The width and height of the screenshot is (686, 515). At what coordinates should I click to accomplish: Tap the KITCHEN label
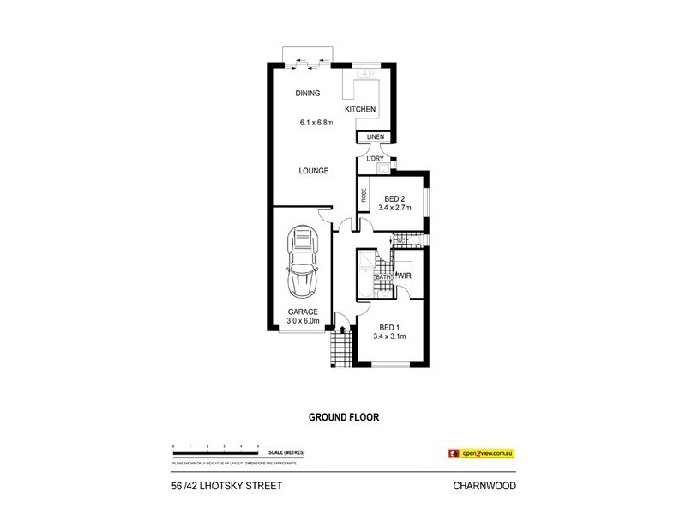360,110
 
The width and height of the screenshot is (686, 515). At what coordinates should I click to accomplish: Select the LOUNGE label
314,171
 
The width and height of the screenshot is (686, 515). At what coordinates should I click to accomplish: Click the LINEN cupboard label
376,137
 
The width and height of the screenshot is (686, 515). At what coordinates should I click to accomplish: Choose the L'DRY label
375,159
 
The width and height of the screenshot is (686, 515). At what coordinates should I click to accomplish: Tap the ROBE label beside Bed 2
364,196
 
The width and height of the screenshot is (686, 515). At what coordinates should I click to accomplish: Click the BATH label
382,277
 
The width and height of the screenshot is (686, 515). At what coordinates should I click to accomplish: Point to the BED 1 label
388,327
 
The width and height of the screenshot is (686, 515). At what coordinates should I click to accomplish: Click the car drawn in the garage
302,262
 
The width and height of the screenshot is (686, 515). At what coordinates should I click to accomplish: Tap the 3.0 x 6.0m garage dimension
303,322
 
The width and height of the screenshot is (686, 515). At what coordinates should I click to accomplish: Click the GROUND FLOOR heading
343,418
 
